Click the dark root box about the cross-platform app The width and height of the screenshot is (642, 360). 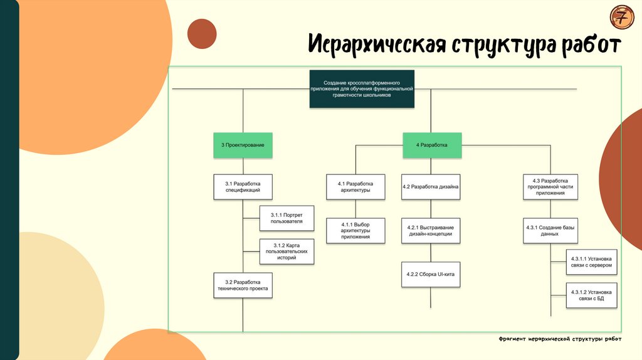coord(362,88)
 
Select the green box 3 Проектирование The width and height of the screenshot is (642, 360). coord(243,145)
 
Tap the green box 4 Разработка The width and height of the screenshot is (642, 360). coord(431,145)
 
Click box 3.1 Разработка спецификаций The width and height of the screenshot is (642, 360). coord(243,186)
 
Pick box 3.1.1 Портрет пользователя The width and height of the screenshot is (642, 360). coord(287,218)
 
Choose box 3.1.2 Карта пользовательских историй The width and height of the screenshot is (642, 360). coord(287,251)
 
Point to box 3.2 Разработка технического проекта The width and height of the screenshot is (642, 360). coord(243,285)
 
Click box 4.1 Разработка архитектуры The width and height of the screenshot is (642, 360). coord(355,186)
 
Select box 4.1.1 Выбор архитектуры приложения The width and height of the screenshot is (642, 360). coord(355,231)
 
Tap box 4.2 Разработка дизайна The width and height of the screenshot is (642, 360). coord(431,186)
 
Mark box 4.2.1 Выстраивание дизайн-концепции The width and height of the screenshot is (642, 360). coord(431,231)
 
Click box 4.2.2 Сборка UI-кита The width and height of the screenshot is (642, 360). coord(431,274)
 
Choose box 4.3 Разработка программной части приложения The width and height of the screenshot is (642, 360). coord(550,186)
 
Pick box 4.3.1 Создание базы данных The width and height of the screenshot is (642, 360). coord(550,231)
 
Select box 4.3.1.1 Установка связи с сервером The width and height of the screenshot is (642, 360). coord(592,262)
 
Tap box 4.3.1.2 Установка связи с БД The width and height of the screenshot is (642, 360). coord(592,295)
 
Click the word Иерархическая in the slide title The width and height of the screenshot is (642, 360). coord(377,46)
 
